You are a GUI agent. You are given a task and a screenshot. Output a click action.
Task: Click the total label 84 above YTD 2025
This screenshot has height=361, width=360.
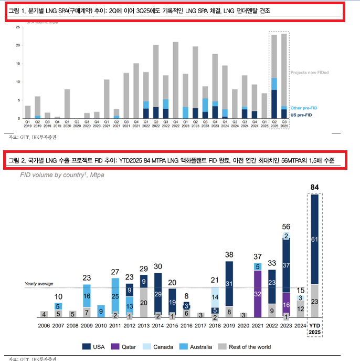pyautogui.click(x=315, y=187)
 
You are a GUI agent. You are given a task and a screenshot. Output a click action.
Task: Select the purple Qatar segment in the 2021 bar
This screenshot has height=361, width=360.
pyautogui.click(x=258, y=294)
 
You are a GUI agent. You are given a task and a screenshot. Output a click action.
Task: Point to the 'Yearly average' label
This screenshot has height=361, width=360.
pyautogui.click(x=39, y=284)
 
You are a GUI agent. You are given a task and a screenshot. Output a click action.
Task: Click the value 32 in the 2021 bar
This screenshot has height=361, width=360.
pyautogui.click(x=258, y=295)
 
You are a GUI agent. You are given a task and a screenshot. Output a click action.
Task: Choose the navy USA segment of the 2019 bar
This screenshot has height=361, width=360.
pyautogui.click(x=229, y=284)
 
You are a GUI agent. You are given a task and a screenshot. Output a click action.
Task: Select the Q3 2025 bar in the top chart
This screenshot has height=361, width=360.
pyautogui.click(x=284, y=76)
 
